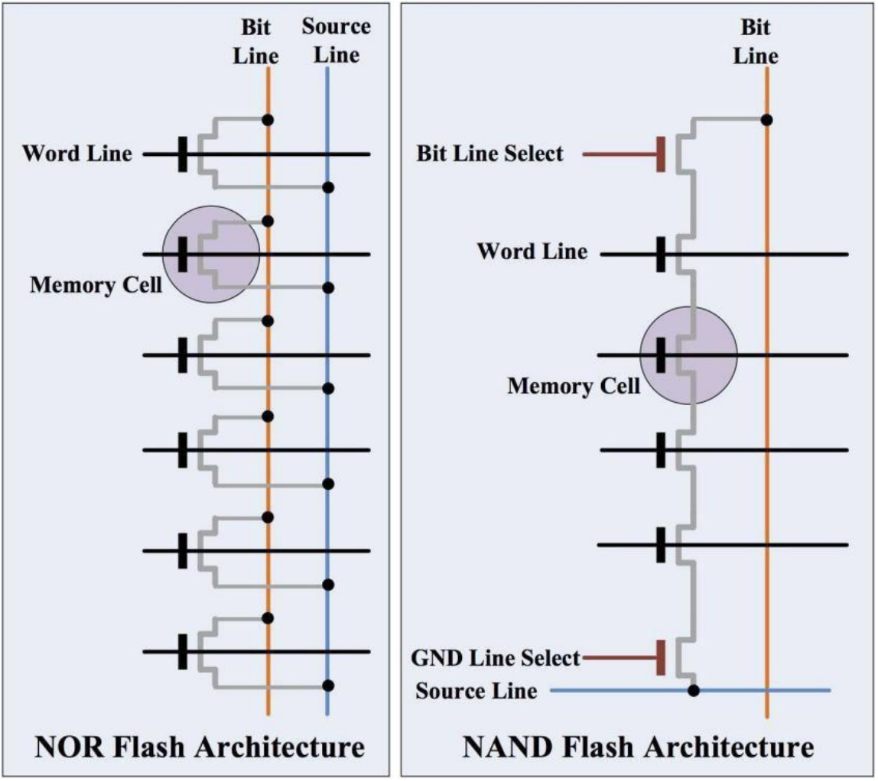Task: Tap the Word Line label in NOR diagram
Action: click(x=76, y=154)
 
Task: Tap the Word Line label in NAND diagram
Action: click(x=532, y=251)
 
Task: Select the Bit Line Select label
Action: click(x=490, y=154)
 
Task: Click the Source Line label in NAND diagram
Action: click(x=476, y=692)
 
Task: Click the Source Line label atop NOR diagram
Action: click(x=337, y=41)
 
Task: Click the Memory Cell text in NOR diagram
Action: click(x=96, y=285)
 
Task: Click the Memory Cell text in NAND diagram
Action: click(x=574, y=386)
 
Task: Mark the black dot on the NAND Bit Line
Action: click(x=766, y=120)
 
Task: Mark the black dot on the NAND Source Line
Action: click(x=694, y=692)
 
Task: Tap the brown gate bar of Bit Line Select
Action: click(x=661, y=154)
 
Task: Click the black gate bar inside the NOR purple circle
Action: click(x=182, y=254)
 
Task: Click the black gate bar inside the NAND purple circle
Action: click(x=661, y=355)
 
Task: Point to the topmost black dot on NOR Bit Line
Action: click(x=268, y=120)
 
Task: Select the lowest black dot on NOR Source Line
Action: click(x=328, y=685)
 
